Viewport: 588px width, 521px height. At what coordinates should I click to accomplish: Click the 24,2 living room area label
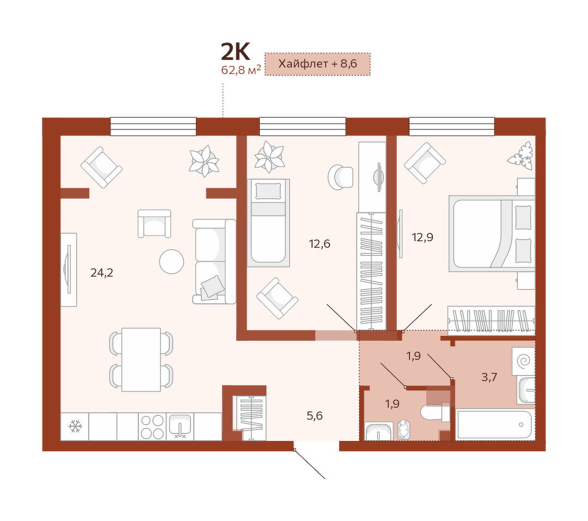tap(102, 273)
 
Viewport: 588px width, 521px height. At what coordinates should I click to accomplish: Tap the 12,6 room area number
tap(320, 244)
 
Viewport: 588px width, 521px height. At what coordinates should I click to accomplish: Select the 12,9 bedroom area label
tap(422, 237)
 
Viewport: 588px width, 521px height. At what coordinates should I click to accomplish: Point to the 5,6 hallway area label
tap(315, 415)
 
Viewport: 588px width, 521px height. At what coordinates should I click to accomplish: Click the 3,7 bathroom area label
tap(489, 377)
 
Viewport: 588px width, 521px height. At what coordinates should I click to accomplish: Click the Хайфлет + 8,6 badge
tap(317, 64)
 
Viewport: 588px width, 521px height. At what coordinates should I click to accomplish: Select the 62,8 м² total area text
tap(241, 70)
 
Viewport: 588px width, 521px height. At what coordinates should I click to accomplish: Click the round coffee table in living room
tap(171, 261)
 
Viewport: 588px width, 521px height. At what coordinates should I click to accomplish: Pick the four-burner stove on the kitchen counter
tap(152, 426)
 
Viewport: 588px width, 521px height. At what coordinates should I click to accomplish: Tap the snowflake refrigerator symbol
tap(75, 426)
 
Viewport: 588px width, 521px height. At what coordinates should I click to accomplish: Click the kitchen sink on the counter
tap(180, 426)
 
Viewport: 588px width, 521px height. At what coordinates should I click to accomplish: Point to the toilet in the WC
tap(435, 413)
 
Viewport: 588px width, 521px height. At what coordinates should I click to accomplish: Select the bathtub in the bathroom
tap(494, 425)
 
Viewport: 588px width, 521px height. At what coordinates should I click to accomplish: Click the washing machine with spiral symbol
tap(524, 361)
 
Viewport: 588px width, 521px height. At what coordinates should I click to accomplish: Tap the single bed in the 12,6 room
tap(268, 223)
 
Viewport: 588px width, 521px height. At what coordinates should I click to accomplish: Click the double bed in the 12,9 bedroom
tap(492, 234)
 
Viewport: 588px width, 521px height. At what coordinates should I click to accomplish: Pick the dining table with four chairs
tap(142, 360)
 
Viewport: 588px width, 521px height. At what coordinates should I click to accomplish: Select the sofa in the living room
tap(214, 261)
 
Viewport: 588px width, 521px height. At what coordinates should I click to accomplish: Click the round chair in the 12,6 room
tap(340, 177)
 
